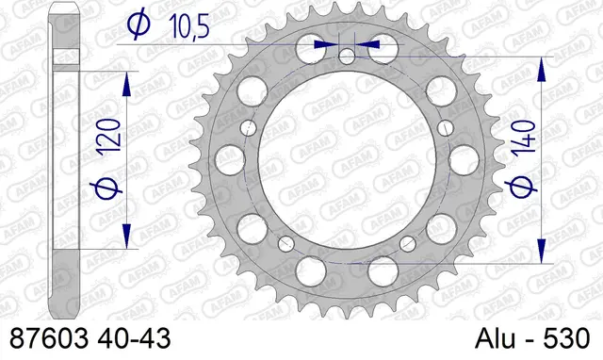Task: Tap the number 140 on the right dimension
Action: pyautogui.click(x=529, y=139)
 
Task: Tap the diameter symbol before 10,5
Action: pyautogui.click(x=137, y=27)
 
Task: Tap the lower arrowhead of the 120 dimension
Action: pyautogui.click(x=124, y=240)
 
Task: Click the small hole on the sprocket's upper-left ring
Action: pyautogui.click(x=248, y=127)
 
